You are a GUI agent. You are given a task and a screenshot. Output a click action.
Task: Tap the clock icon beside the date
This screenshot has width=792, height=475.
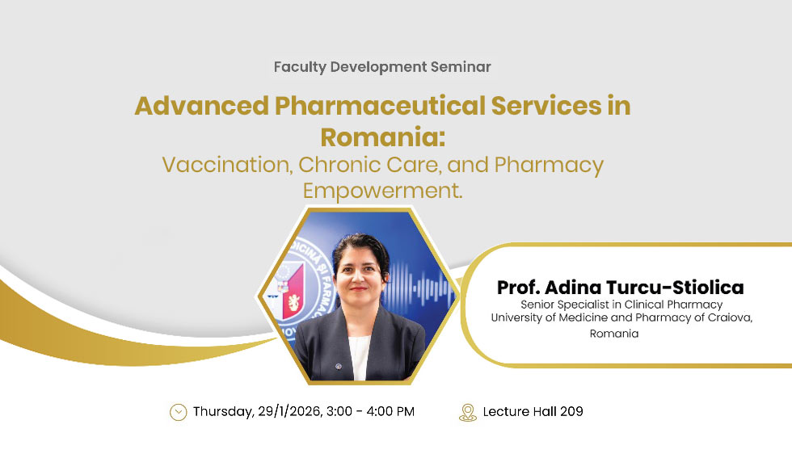pos(178,412)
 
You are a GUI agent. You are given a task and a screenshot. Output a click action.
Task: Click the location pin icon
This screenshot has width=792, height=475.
pos(467,412)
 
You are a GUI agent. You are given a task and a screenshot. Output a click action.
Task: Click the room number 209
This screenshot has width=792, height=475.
pos(571,412)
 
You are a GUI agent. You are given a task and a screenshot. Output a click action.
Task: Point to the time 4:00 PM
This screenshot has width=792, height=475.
pos(388,412)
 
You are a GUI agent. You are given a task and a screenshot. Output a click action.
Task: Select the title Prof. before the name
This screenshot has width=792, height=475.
pos(518,288)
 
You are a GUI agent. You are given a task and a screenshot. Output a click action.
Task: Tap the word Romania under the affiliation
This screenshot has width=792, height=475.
pos(614,334)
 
